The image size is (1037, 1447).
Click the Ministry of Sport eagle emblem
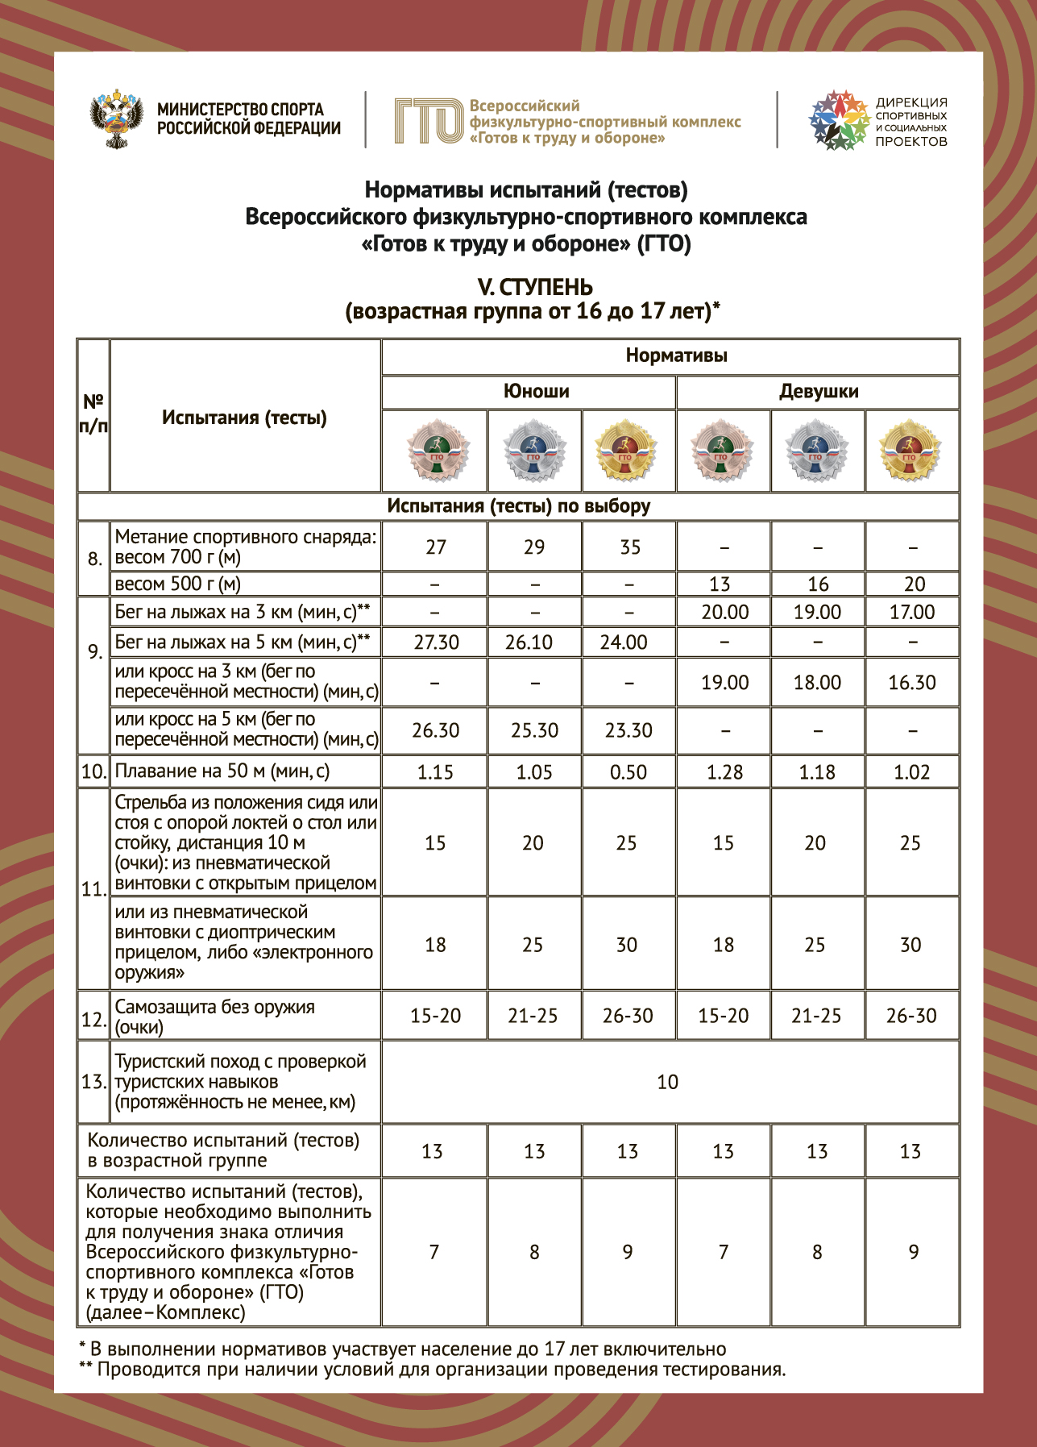117,119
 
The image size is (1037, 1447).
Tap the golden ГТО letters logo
428,121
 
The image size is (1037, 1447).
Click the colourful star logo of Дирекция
839,120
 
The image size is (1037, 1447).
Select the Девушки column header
818,392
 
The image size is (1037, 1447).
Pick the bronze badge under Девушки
722,451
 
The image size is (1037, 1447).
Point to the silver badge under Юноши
533,451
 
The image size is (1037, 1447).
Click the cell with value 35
630,547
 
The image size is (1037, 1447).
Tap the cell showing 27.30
436,642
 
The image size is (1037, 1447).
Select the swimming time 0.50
628,772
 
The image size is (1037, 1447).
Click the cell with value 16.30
911,683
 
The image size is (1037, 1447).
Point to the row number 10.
93,771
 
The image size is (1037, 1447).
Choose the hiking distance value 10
668,1082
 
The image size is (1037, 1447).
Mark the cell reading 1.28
724,772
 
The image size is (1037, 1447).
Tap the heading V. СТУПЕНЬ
534,287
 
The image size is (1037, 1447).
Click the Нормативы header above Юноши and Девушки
676,356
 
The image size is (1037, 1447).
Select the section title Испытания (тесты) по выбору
518,506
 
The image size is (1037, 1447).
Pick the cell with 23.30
628,730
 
